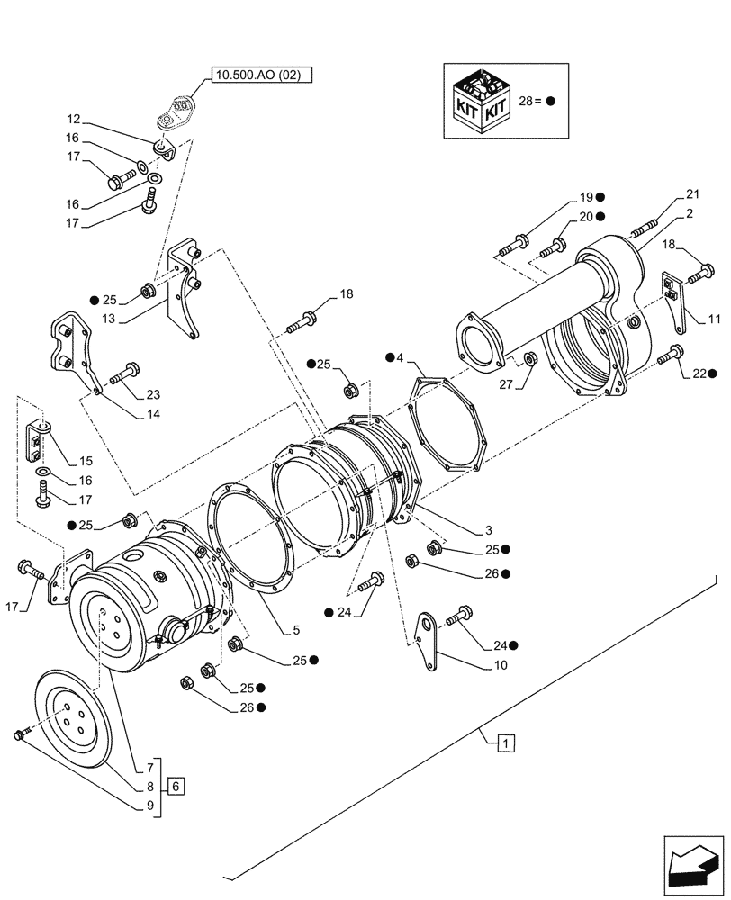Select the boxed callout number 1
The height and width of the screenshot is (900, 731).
pos(508,743)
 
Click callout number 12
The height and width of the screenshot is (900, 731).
pos(71,119)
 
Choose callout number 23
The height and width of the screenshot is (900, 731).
pos(153,393)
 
